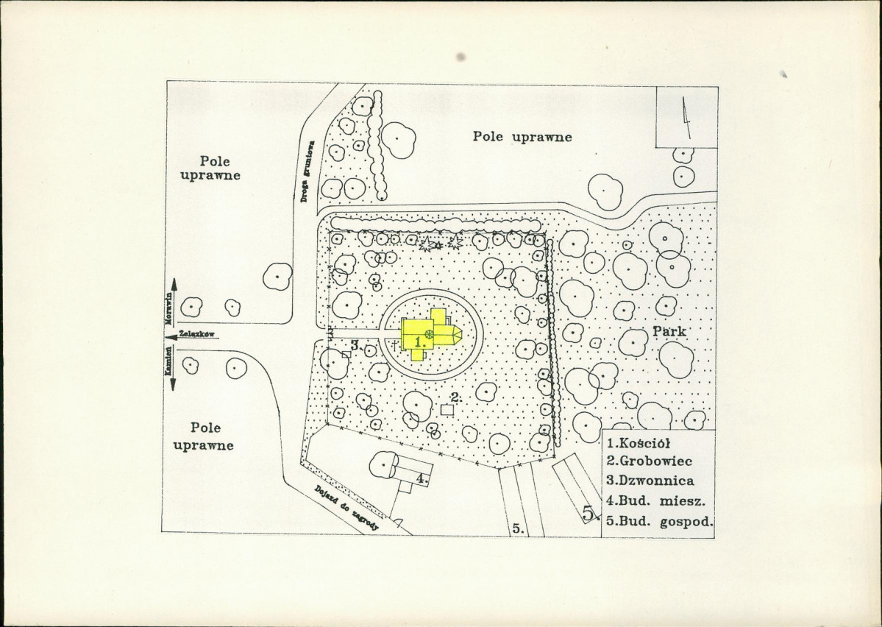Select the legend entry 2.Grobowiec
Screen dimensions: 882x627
[x=649, y=461]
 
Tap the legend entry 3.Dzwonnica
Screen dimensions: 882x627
[x=650, y=481]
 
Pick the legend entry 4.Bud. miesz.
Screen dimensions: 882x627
[x=656, y=500]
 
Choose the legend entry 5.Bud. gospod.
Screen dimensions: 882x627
[x=660, y=521]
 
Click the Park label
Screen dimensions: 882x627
[x=669, y=331]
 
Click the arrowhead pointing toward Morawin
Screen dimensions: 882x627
[x=174, y=283]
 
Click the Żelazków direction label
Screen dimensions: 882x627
[x=197, y=334]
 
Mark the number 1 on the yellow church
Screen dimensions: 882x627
[x=418, y=341]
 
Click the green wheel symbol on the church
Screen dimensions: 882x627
[x=429, y=334]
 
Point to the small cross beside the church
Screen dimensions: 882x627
[x=396, y=345]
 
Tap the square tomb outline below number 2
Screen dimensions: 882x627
[x=447, y=411]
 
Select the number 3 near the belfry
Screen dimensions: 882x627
[x=355, y=345]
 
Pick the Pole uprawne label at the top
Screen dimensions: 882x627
[x=522, y=137]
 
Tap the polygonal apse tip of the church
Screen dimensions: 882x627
[x=461, y=335]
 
